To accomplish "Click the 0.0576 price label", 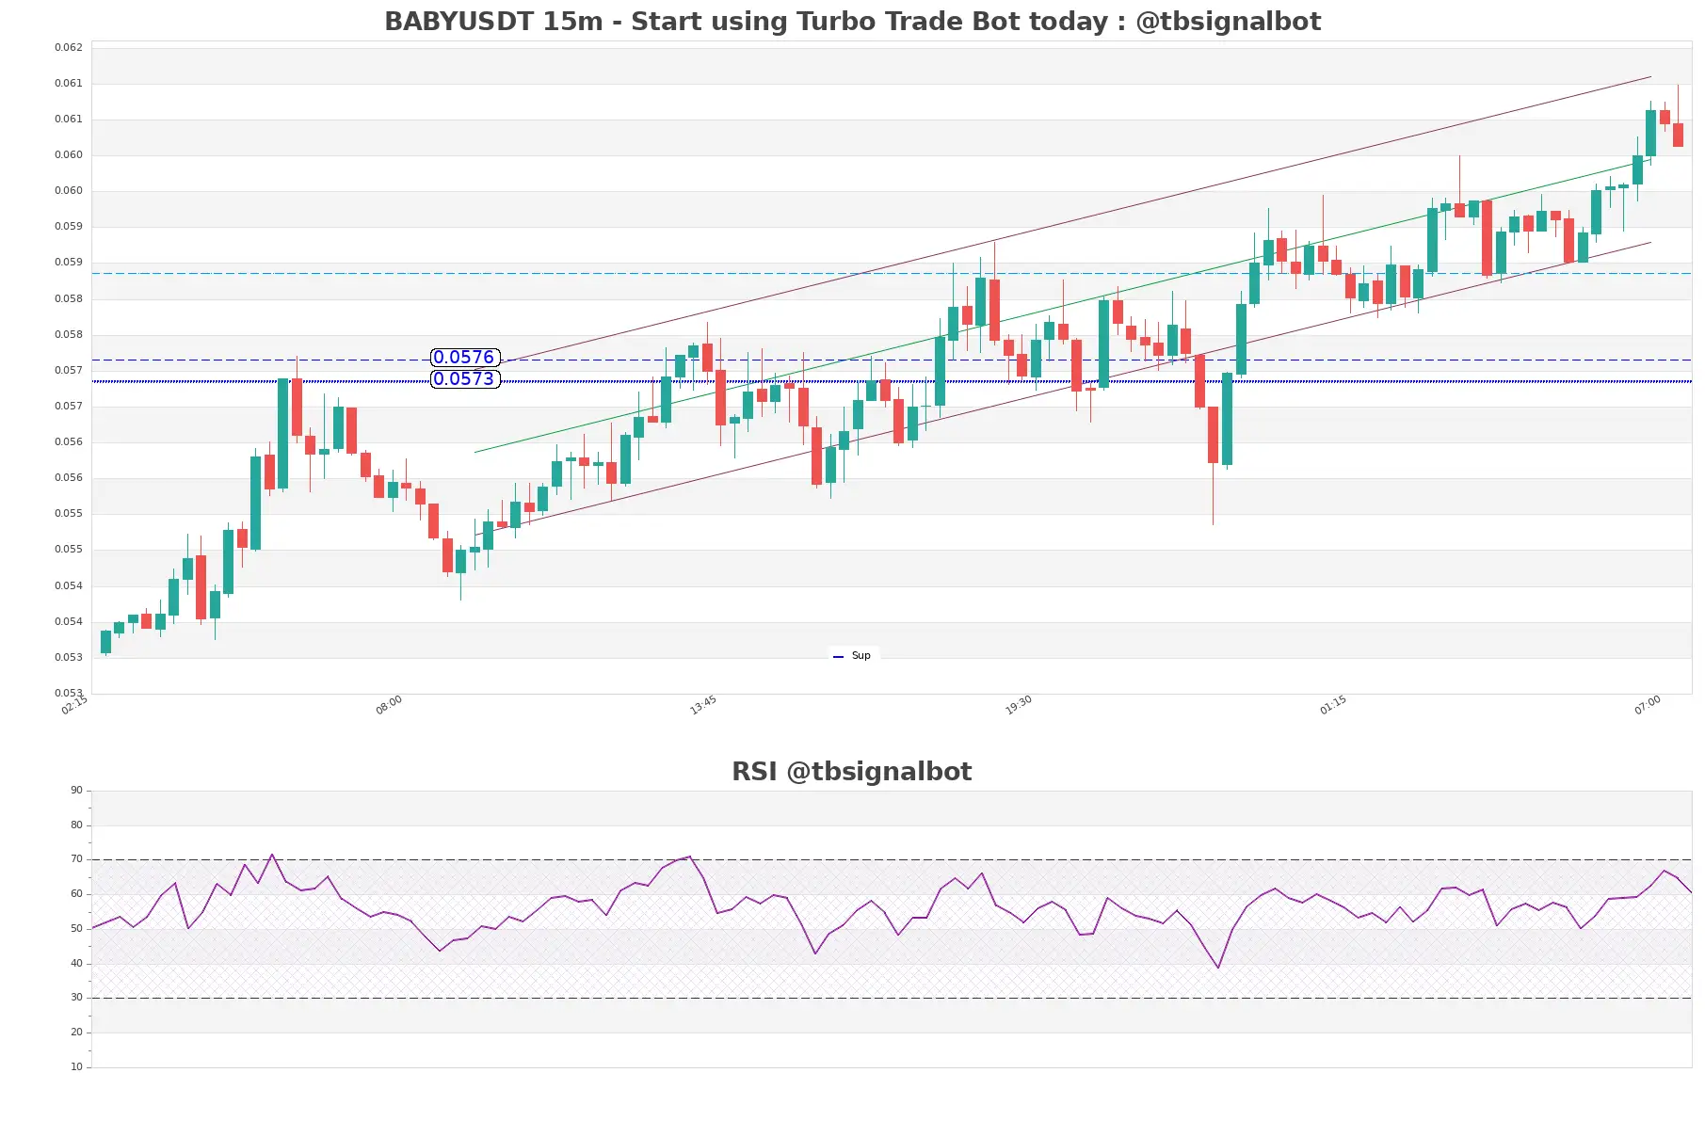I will point(464,358).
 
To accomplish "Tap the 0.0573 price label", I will point(464,379).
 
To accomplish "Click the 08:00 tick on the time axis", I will point(389,705).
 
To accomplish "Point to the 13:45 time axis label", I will point(703,705).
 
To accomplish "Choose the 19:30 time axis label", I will point(1019,705).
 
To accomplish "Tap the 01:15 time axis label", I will point(1333,705).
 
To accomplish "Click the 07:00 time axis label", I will point(1648,705).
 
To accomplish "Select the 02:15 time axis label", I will point(74,705).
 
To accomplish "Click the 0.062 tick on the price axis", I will point(69,47).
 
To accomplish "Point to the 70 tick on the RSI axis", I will point(76,859).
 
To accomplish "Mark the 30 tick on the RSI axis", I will point(76,998).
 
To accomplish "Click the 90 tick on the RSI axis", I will point(76,791).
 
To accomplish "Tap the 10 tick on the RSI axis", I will point(76,1067).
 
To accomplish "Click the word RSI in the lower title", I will point(754,772).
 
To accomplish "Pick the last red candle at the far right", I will point(1678,135).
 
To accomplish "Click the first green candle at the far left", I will point(105,642).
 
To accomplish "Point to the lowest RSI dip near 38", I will point(1218,968).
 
